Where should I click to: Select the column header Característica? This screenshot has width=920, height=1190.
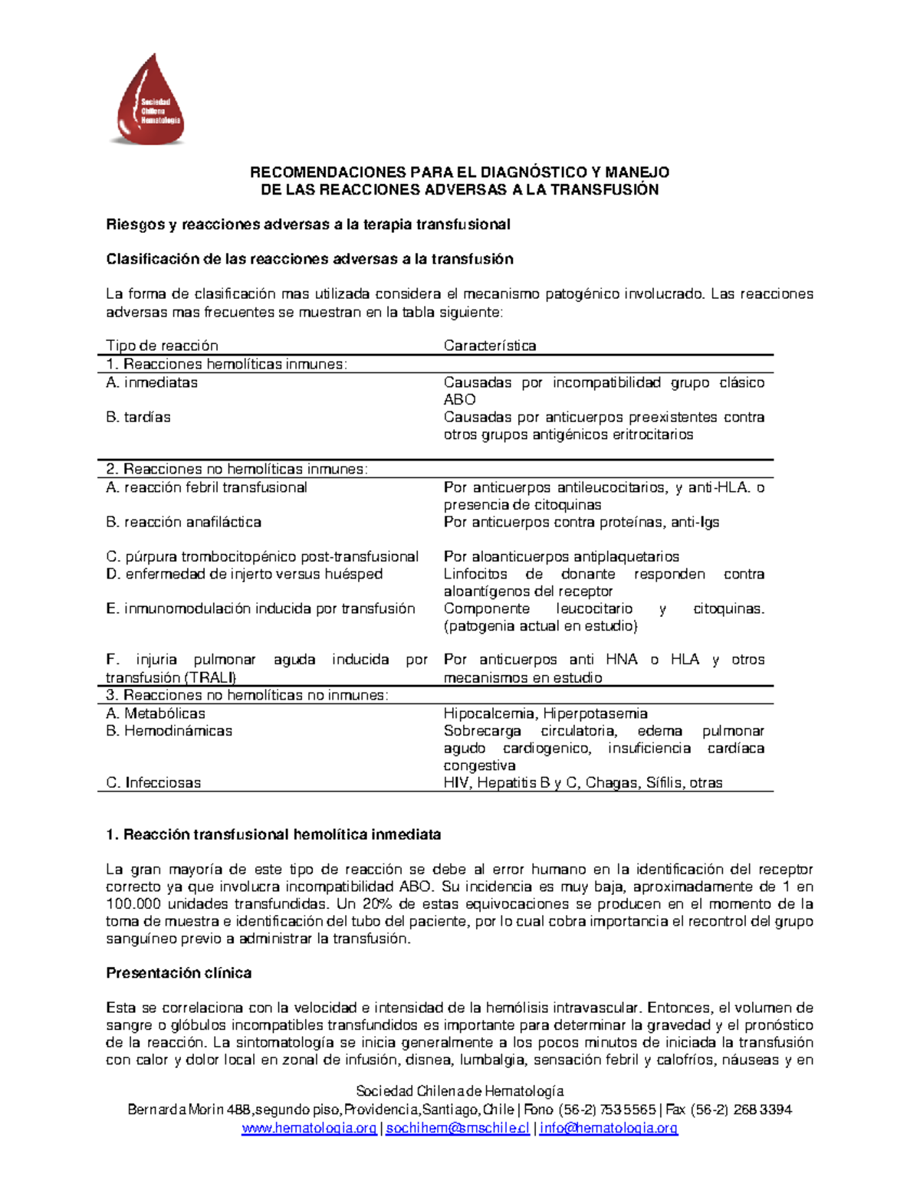coord(490,346)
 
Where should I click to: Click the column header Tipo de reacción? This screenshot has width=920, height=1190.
coord(162,346)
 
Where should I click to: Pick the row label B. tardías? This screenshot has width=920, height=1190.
coord(138,417)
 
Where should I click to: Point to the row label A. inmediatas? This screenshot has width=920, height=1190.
coord(152,382)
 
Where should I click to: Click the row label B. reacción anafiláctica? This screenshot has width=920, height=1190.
coord(183,522)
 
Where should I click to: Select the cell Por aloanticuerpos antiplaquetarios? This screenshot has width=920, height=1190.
coord(561,556)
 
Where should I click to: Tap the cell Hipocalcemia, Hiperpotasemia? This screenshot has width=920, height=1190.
coord(545,713)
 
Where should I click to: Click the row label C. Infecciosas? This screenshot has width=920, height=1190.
coord(153,782)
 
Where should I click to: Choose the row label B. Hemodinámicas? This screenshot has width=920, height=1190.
coord(169,731)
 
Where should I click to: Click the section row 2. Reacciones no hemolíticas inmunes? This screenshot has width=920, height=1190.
coord(237,469)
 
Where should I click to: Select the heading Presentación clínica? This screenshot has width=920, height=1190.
coord(179,973)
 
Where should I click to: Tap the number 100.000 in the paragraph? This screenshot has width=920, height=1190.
coord(132,904)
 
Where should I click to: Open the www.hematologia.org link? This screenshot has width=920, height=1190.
coord(309,1128)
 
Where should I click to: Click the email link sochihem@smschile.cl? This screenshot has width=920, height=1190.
coord(458,1128)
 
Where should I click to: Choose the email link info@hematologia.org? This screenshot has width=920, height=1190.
coord(609,1128)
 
